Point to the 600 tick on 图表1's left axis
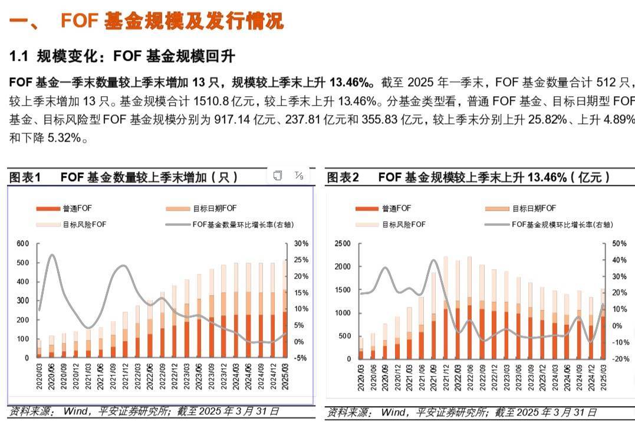[22, 243]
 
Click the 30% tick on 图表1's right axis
[301, 243]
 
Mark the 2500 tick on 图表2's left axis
[342, 243]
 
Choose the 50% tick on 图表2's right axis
[619, 243]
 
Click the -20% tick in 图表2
[618, 358]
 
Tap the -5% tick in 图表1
[301, 358]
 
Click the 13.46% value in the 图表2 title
[547, 177]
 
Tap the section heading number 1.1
[19, 57]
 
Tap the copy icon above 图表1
[278, 175]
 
